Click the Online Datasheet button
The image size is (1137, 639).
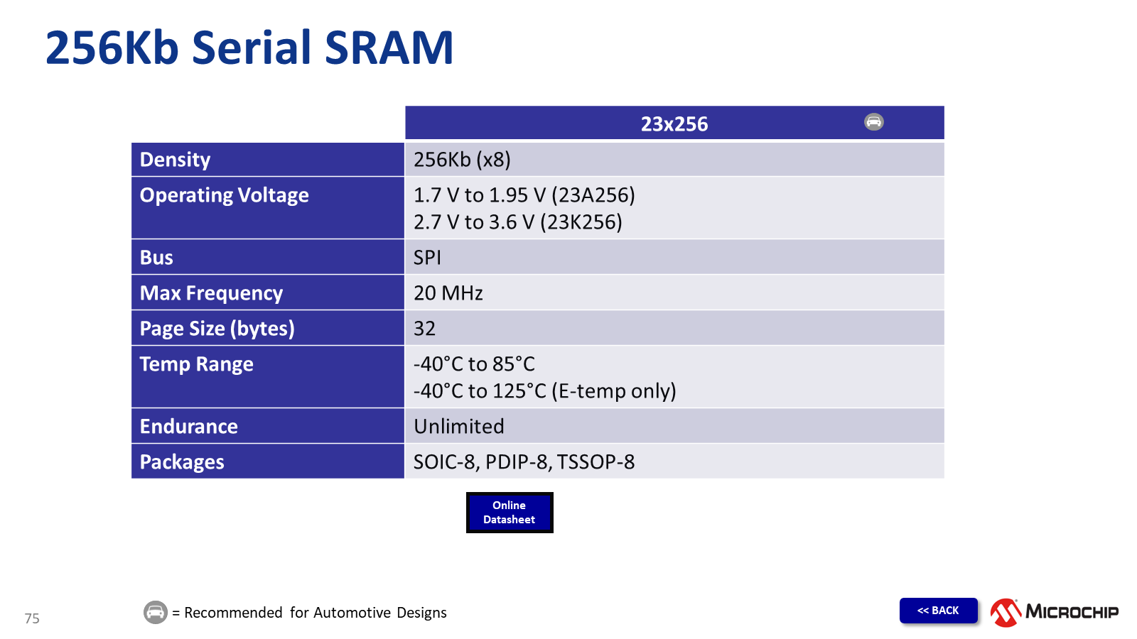510,512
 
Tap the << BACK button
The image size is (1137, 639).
938,610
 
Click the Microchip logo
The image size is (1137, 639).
1055,612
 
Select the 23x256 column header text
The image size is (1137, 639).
674,124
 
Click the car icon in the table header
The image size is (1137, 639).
873,121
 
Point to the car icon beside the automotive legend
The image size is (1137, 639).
156,612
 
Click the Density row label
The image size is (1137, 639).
175,160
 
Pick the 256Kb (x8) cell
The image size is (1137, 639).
462,160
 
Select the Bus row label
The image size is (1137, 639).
156,258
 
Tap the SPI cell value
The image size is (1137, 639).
427,258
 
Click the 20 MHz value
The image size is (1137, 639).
448,293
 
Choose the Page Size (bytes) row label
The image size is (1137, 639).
217,329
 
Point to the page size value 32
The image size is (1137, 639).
424,329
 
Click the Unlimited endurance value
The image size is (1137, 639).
459,427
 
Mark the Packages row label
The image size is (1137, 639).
182,462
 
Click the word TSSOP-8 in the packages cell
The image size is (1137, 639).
596,462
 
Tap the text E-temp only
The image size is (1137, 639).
614,391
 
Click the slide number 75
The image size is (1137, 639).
32,618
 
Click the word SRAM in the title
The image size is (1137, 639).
388,48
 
